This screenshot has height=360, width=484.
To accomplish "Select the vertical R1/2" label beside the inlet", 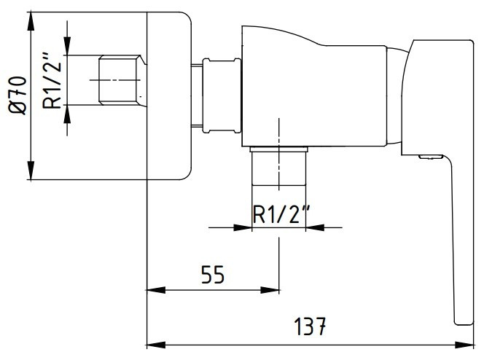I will (x=52, y=79).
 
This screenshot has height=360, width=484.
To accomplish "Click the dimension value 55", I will (x=211, y=275).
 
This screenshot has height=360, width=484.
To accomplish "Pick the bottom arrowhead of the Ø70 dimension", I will (x=31, y=174).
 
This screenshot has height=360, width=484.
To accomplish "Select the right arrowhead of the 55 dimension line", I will (x=273, y=289).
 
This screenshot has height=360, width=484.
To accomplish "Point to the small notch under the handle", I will (x=432, y=156).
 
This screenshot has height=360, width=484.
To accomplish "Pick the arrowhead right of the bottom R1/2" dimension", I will (x=311, y=228).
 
